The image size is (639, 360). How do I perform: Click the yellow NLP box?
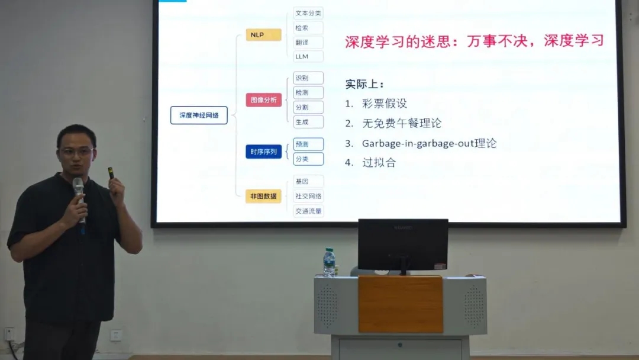pyautogui.click(x=263, y=35)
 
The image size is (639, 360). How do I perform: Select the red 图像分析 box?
pyautogui.click(x=264, y=100)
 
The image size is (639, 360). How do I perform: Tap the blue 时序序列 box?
pyautogui.click(x=263, y=152)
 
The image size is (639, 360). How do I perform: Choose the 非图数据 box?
pyautogui.click(x=263, y=196)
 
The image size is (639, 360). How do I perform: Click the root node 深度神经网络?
pyautogui.click(x=199, y=115)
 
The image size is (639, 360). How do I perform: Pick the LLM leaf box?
pyautogui.click(x=308, y=57)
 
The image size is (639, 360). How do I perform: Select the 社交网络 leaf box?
pyautogui.click(x=308, y=196)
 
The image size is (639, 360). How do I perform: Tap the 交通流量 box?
pyautogui.click(x=308, y=211)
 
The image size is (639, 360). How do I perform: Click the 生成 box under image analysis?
pyautogui.click(x=308, y=121)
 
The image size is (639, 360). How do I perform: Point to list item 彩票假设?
pyautogui.click(x=385, y=104)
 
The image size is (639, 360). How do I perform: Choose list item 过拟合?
pyautogui.click(x=379, y=163)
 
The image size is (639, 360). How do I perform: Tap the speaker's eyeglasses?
pyautogui.click(x=76, y=152)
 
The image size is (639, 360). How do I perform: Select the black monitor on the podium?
pyautogui.click(x=403, y=244)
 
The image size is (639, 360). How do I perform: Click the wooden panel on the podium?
pyautogui.click(x=401, y=304)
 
